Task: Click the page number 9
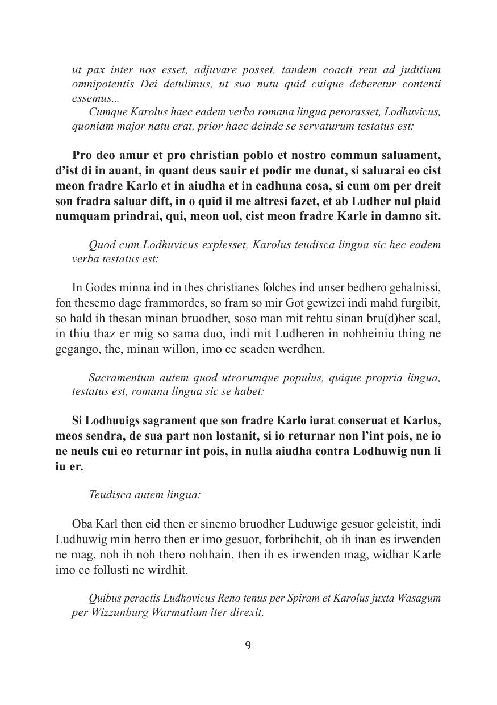(248, 645)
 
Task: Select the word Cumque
(107, 112)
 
